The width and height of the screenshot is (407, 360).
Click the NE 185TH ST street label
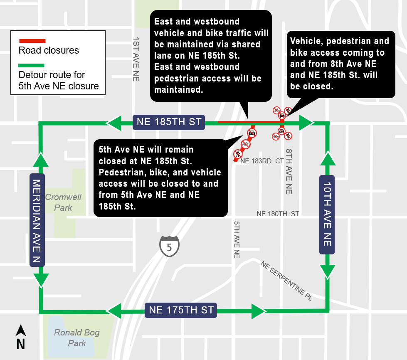click(x=169, y=122)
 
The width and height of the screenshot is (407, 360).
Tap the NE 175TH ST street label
click(x=181, y=310)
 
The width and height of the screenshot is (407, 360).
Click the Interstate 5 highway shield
click(x=169, y=246)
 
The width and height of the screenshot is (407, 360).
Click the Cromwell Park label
click(x=63, y=202)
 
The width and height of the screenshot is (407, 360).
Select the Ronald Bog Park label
click(x=77, y=338)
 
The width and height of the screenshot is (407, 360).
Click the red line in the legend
click(x=32, y=41)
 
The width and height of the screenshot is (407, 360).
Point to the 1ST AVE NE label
click(x=136, y=59)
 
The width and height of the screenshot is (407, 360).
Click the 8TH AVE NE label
click(x=289, y=171)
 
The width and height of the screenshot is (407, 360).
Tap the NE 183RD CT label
click(x=261, y=161)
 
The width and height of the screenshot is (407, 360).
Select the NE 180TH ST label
click(x=278, y=214)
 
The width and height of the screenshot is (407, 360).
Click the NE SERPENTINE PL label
click(x=286, y=281)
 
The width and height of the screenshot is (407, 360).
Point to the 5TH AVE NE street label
click(x=237, y=239)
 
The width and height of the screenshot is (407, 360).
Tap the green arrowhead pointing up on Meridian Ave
click(x=41, y=160)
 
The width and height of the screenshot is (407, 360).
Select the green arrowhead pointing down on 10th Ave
click(x=327, y=271)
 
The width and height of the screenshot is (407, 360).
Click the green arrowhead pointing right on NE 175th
click(x=258, y=311)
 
